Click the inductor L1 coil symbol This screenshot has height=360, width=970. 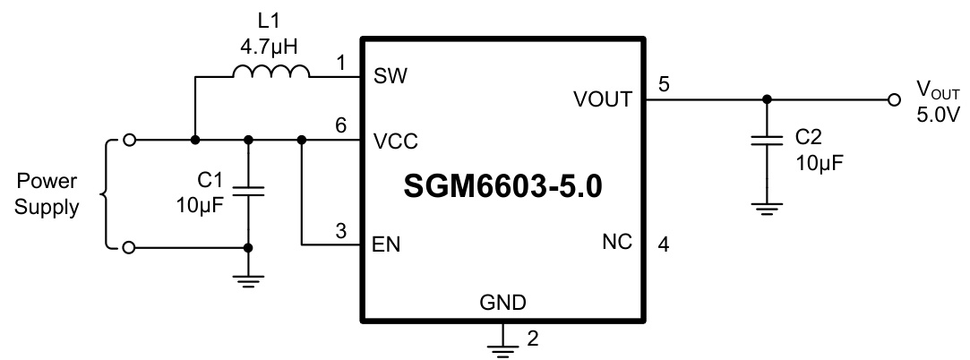(271, 72)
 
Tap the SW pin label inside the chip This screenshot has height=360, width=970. (391, 77)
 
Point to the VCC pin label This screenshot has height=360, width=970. (395, 141)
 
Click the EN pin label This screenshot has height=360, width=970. (386, 244)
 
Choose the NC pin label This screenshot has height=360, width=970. (617, 243)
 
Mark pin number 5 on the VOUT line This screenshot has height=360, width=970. (663, 85)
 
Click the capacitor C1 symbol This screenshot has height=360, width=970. (248, 191)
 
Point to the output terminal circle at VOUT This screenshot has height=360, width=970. (892, 100)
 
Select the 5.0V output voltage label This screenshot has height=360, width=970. (937, 115)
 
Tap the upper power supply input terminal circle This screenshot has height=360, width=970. (130, 140)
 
